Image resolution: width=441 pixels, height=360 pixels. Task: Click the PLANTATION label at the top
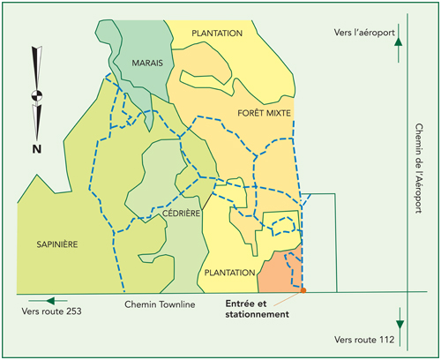pos(217,33)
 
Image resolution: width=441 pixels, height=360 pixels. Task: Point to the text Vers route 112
pos(364,339)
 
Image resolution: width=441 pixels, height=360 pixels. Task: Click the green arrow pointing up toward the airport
pos(400,41)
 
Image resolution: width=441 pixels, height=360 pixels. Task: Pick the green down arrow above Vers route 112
pos(400,320)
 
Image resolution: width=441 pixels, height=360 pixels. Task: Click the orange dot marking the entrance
pos(303,289)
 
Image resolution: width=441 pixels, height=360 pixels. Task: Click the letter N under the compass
pos(36,149)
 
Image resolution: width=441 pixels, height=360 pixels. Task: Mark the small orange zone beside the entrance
pos(280,272)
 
